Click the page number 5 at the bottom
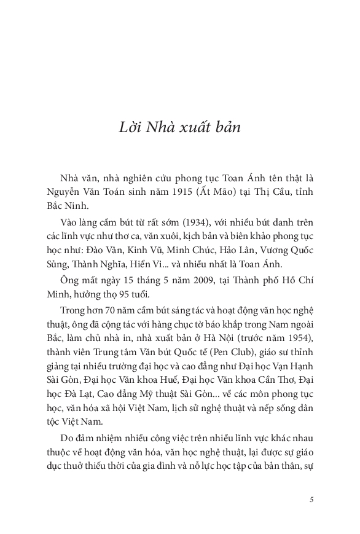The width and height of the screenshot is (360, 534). point(312,500)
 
